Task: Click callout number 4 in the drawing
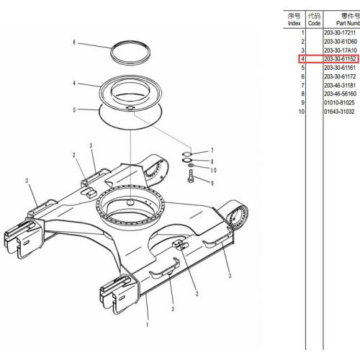(74, 84)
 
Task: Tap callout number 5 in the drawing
(74, 110)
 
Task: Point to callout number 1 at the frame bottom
(147, 325)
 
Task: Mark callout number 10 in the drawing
(213, 170)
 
